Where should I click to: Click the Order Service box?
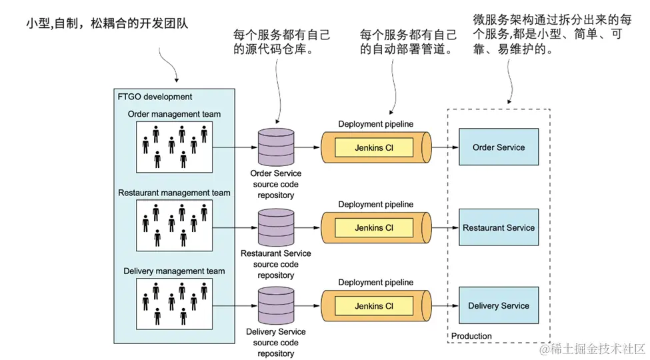(498, 147)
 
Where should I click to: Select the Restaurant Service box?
(498, 227)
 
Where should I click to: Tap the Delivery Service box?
(498, 305)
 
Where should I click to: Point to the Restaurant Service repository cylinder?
(276, 227)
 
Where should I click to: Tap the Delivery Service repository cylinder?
(276, 305)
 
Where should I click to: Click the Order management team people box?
(174, 145)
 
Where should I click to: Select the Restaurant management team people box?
(174, 223)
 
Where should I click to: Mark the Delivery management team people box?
(174, 301)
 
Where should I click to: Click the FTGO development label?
(155, 97)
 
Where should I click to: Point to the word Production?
(471, 336)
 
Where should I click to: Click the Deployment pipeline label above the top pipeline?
(375, 124)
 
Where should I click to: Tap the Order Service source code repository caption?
(276, 184)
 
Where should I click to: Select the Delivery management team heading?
(174, 271)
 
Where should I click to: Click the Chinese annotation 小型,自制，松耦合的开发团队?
(107, 24)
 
